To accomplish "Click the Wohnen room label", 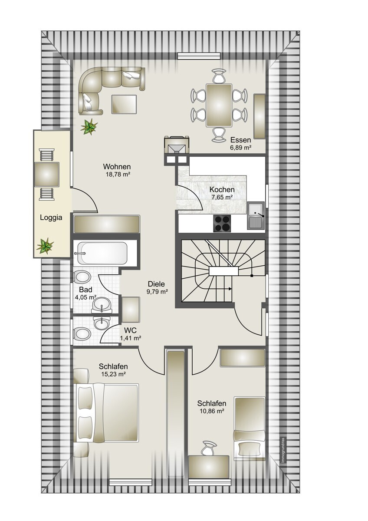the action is tap(117, 167).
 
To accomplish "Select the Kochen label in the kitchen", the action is tap(222, 190).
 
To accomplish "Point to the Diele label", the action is tap(156, 284).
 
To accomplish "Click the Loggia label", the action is tap(51, 218).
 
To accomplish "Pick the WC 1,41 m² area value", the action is tap(131, 338).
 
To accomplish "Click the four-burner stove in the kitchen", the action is tap(222, 223).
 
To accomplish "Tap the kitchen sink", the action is tap(256, 216).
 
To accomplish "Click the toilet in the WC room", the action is tap(82, 334).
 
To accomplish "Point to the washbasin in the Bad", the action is tap(102, 305).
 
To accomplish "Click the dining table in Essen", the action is tap(219, 106).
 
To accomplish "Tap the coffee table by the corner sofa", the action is tap(124, 104).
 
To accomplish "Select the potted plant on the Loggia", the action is tap(45, 245).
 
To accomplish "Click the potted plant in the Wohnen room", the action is tap(89, 127).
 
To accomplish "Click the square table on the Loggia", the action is tap(46, 175).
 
